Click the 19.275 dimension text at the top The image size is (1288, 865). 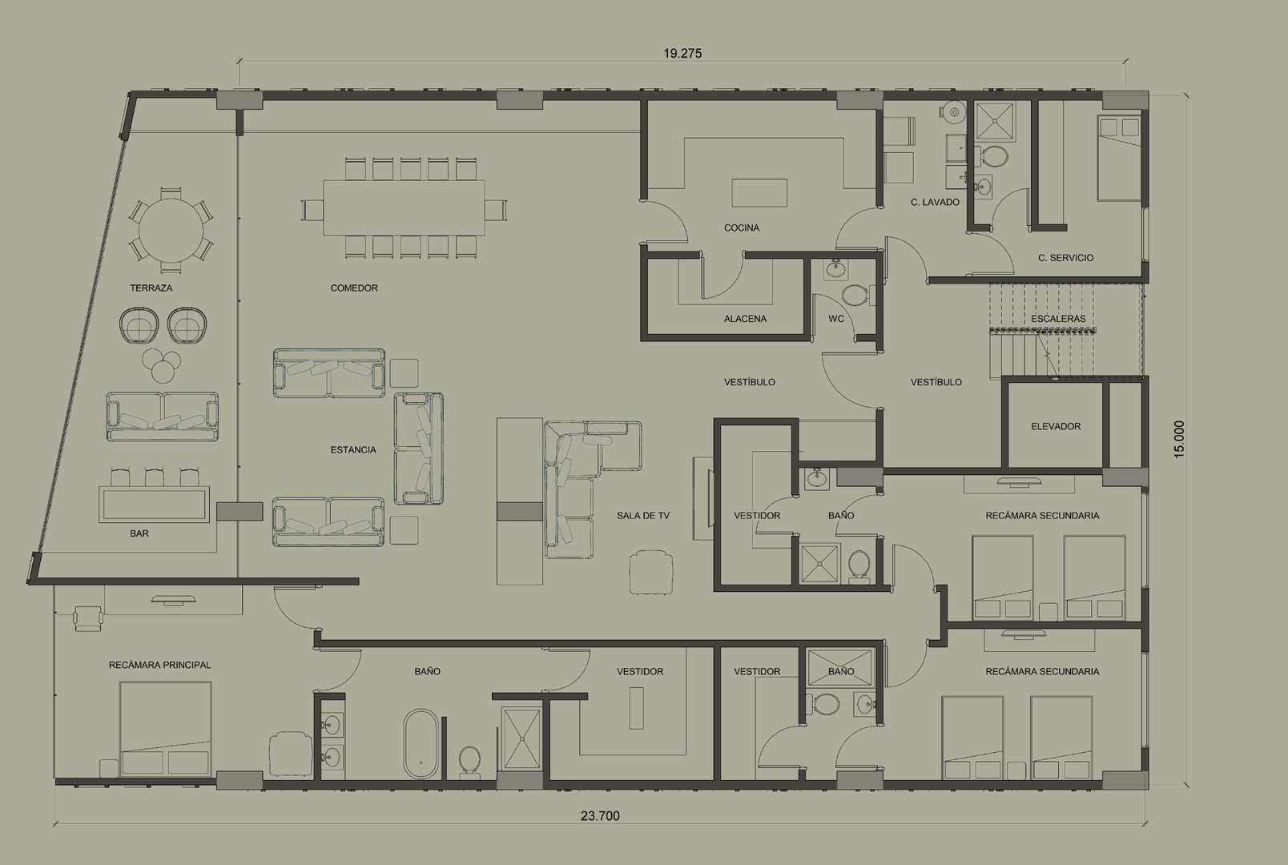682,54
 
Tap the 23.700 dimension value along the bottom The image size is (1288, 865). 600,815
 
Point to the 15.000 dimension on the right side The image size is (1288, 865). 1179,440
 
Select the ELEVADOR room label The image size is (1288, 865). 1056,426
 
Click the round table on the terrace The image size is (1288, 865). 171,230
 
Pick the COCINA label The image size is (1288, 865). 742,227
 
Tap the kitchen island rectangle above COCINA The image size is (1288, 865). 759,193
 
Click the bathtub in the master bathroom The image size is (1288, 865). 421,743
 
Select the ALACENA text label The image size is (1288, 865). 745,319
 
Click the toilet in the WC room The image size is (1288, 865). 858,295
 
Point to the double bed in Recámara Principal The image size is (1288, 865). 166,729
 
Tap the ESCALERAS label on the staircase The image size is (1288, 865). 1058,319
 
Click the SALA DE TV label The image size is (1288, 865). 643,516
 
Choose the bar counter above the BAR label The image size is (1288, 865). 154,505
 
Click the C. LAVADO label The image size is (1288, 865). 935,203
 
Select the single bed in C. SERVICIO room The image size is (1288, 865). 1119,158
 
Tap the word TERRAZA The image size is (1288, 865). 151,288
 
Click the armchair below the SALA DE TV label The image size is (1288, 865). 651,572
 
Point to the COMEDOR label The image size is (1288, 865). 354,288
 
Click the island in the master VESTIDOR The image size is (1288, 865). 637,708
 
